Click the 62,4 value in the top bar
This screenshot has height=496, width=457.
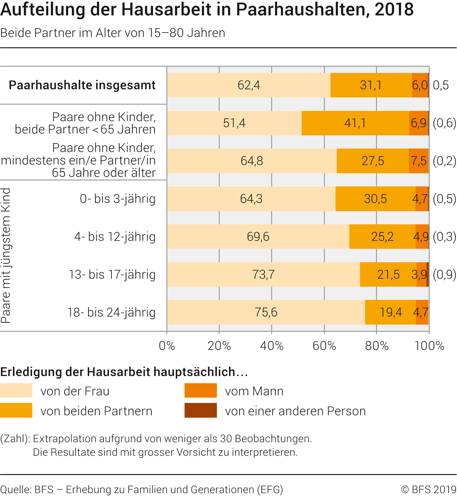tap(249, 85)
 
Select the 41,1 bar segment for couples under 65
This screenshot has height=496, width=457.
tap(355, 123)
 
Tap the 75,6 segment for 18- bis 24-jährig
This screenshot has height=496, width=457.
tap(266, 312)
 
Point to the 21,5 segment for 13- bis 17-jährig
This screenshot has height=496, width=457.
tap(388, 274)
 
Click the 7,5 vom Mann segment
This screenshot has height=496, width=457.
tap(419, 161)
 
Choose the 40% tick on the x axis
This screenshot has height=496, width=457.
tap(272, 346)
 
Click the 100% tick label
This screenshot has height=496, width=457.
tap(429, 346)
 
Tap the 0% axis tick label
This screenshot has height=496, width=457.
tap(167, 346)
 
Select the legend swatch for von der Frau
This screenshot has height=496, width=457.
tap(16, 390)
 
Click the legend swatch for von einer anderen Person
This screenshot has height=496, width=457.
tap(201, 410)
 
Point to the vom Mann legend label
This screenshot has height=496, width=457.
tap(254, 391)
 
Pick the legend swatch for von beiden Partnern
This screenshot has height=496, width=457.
tap(16, 410)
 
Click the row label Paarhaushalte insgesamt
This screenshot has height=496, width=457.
tap(82, 85)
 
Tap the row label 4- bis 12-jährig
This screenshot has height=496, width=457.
tap(115, 237)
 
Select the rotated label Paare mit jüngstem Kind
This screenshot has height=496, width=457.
tap(6, 255)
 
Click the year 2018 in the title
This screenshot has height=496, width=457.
tap(394, 9)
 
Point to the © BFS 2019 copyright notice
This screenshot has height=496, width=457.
tap(428, 489)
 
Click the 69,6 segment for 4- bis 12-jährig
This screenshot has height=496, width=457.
tap(258, 237)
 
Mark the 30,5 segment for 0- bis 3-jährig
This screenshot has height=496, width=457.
tap(375, 199)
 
